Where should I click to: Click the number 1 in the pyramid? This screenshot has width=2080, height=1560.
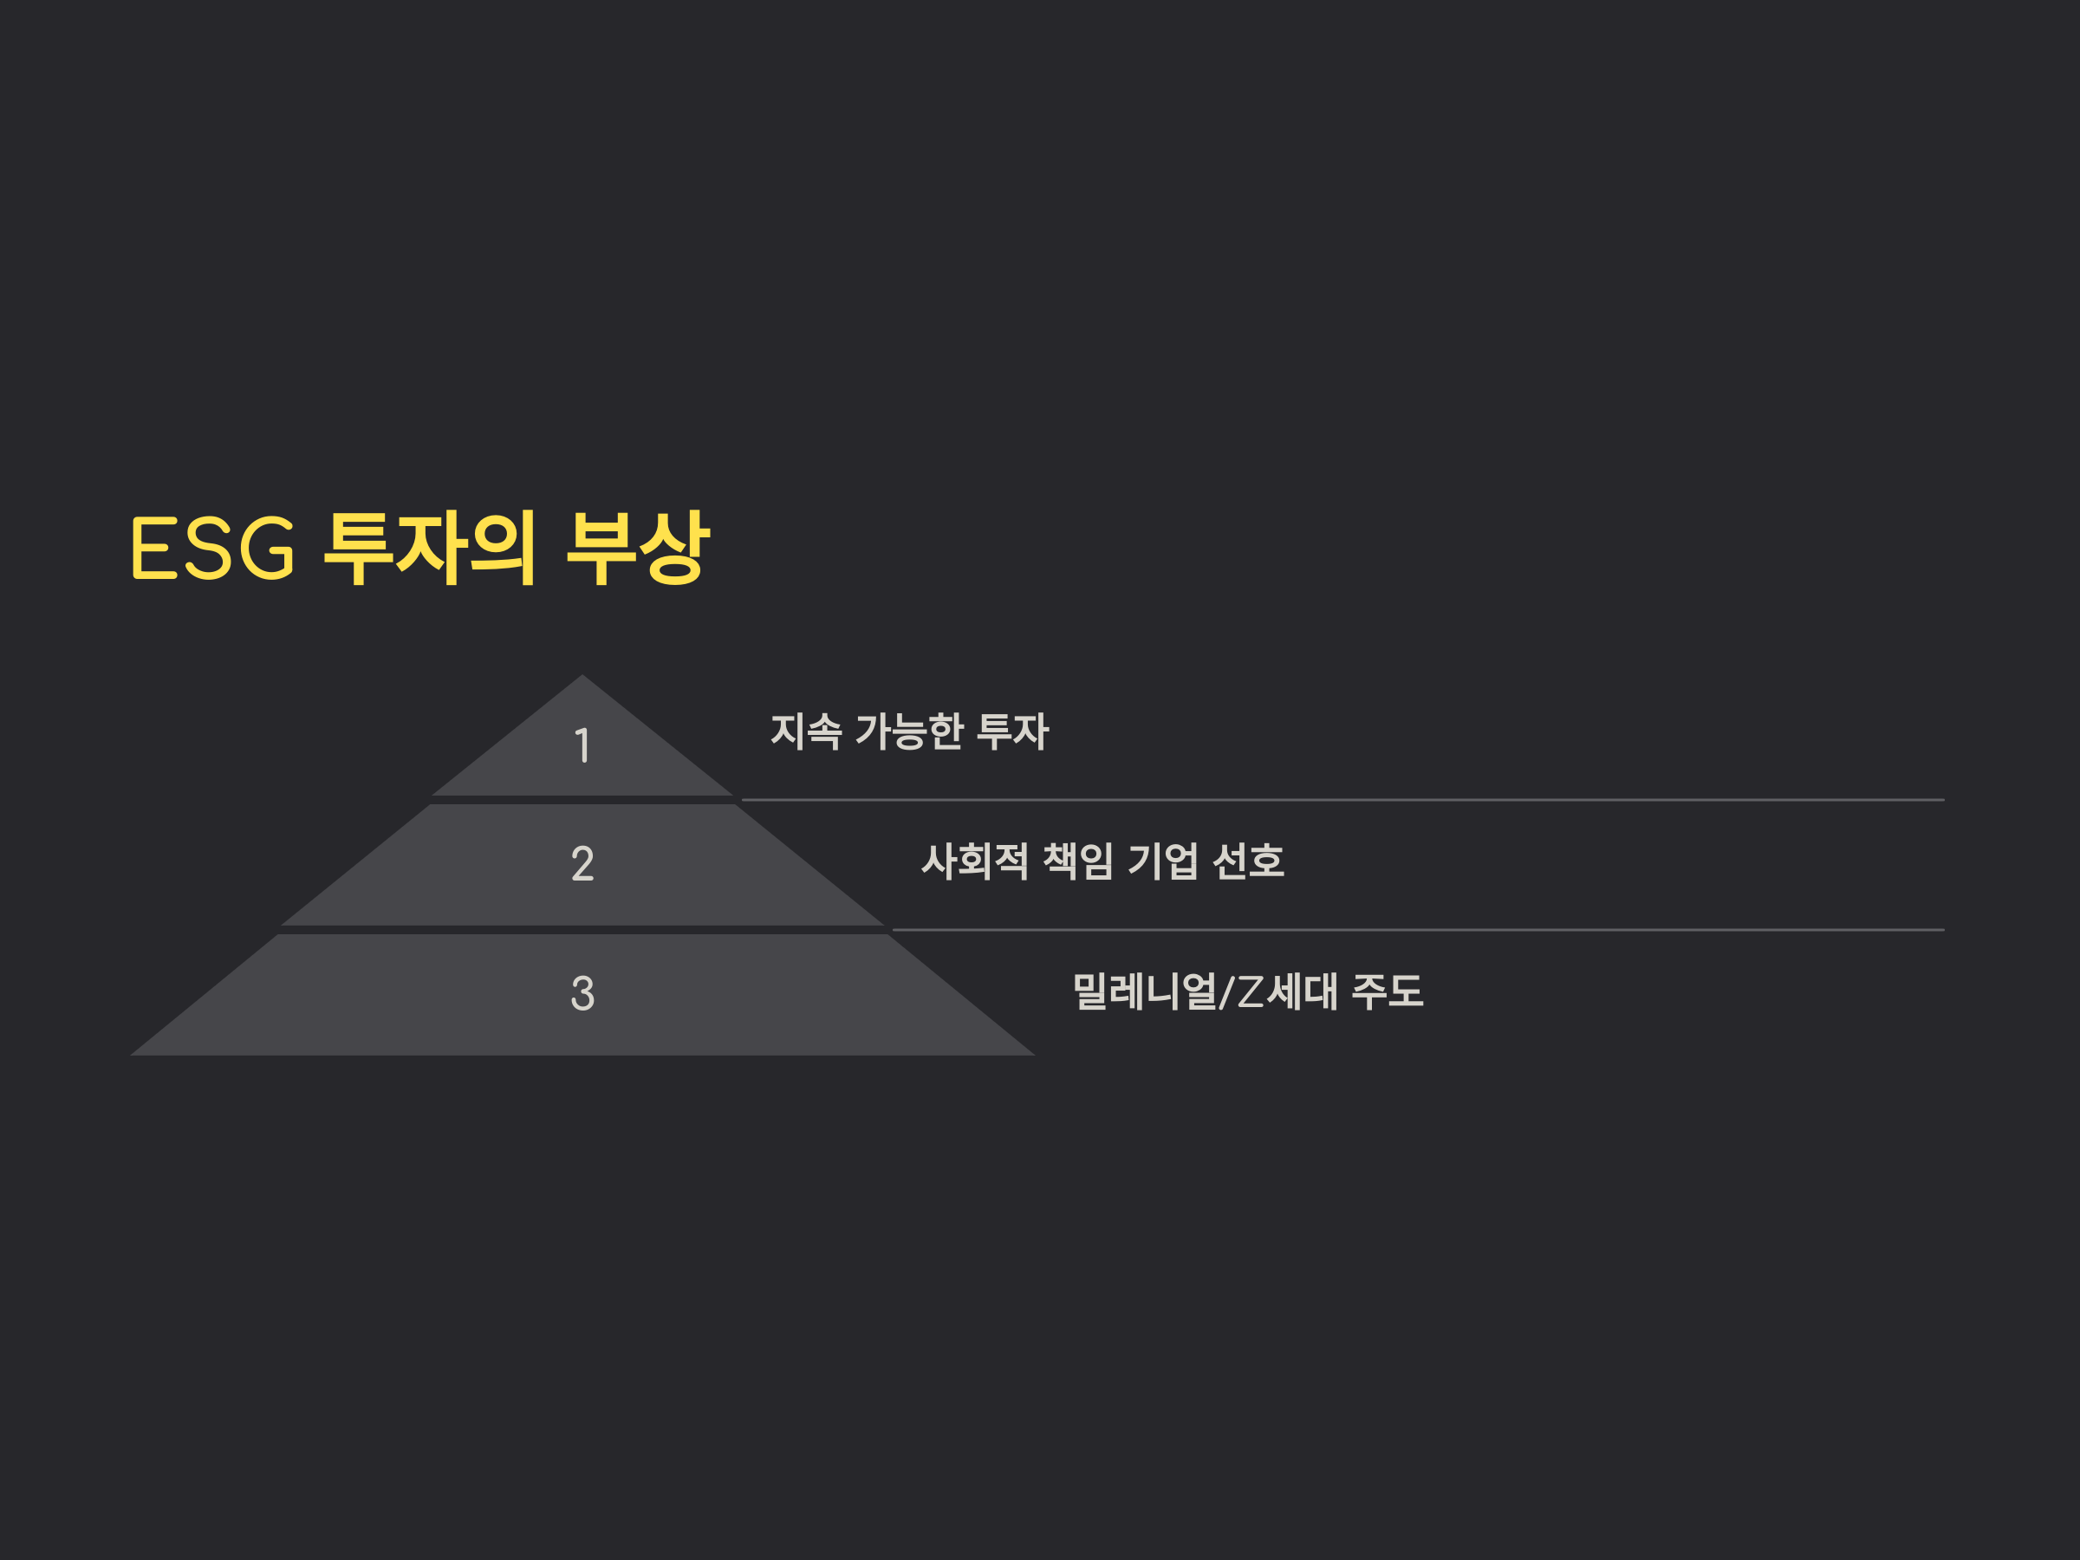click(x=582, y=745)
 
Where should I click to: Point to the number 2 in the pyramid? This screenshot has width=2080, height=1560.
click(x=582, y=863)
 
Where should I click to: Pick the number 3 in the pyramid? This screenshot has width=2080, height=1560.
click(x=582, y=993)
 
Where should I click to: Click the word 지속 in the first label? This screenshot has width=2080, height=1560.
click(x=806, y=731)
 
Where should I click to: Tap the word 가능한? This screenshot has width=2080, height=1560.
click(x=909, y=731)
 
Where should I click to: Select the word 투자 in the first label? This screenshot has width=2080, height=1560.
click(x=1013, y=731)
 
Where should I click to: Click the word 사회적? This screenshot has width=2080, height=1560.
click(x=974, y=861)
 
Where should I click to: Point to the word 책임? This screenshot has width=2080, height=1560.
click(x=1077, y=861)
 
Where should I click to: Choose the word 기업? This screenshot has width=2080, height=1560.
click(x=1163, y=861)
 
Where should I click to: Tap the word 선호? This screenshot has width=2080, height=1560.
click(x=1248, y=861)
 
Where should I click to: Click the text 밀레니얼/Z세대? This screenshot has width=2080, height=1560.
click(x=1205, y=991)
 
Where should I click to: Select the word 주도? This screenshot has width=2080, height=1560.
click(x=1387, y=991)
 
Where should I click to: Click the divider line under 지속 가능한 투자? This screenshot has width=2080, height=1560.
click(x=1345, y=800)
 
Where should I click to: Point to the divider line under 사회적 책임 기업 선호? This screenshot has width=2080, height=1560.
click(x=1420, y=930)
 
